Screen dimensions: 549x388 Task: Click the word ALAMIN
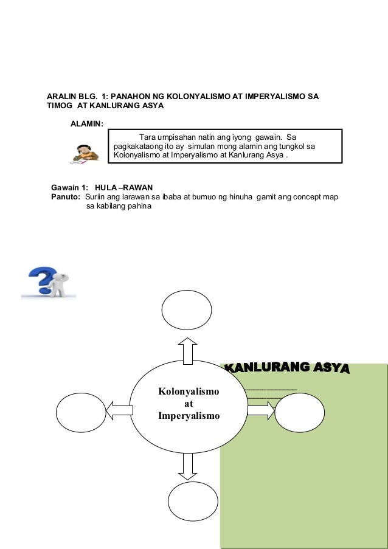(87, 124)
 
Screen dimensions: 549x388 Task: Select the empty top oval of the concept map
(187, 311)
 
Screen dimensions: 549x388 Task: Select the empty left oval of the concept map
(81, 412)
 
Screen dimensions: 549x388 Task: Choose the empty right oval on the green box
(299, 412)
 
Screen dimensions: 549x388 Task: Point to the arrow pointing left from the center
(120, 412)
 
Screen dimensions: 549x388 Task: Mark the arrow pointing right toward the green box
(260, 411)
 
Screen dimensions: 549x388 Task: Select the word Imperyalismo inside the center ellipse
(189, 416)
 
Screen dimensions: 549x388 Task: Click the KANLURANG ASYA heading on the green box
(287, 368)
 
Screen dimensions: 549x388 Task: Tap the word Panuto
(66, 197)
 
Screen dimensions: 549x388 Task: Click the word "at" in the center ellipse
(189, 403)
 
